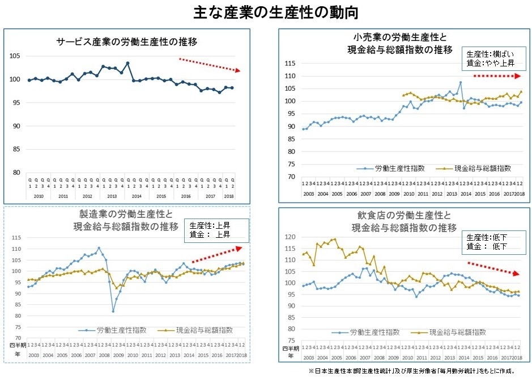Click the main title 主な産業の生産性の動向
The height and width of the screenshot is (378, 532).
click(265, 12)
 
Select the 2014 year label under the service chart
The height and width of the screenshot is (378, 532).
click(137, 195)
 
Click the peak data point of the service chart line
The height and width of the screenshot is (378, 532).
click(127, 63)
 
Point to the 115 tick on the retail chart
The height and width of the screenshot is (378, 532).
click(290, 63)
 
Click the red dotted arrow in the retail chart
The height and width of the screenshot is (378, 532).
click(496, 75)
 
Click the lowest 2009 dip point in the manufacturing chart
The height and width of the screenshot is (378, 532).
click(113, 311)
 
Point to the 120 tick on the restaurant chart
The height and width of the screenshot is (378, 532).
click(290, 237)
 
